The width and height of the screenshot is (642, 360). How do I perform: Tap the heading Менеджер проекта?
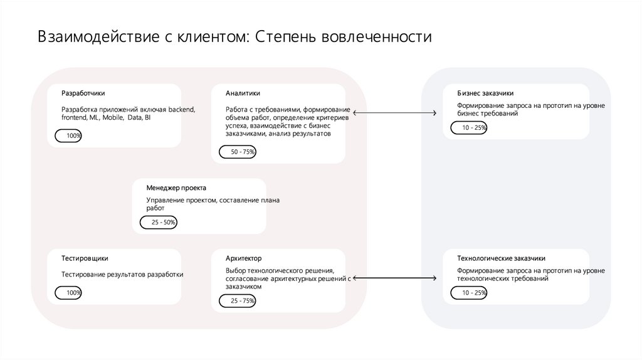176,188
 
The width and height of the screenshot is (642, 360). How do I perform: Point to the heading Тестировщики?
85,258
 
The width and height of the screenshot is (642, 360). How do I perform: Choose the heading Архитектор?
244,258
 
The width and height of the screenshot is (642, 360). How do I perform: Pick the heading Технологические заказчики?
501,258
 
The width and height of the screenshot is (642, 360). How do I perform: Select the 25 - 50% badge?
159,222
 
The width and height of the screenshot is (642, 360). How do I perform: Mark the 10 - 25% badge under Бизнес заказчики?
468,127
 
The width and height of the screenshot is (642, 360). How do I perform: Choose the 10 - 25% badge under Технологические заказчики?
468,292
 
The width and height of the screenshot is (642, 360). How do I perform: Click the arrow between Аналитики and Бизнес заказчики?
394,113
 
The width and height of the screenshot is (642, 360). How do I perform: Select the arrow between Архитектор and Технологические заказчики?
394,278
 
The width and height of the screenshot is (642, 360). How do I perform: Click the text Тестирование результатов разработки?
122,274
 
